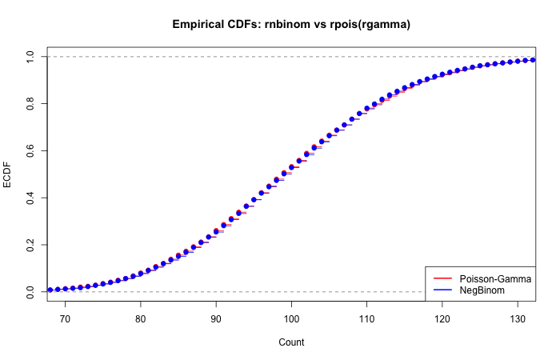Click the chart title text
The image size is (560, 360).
[x=291, y=24]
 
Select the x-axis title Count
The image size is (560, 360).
[x=291, y=342]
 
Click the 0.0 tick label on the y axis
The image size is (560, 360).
[x=30, y=292]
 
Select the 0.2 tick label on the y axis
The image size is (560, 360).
[x=30, y=245]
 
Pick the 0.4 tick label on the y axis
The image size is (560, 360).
[x=30, y=198]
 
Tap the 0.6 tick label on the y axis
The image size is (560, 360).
[x=30, y=150]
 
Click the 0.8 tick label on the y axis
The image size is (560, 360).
[x=30, y=103]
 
